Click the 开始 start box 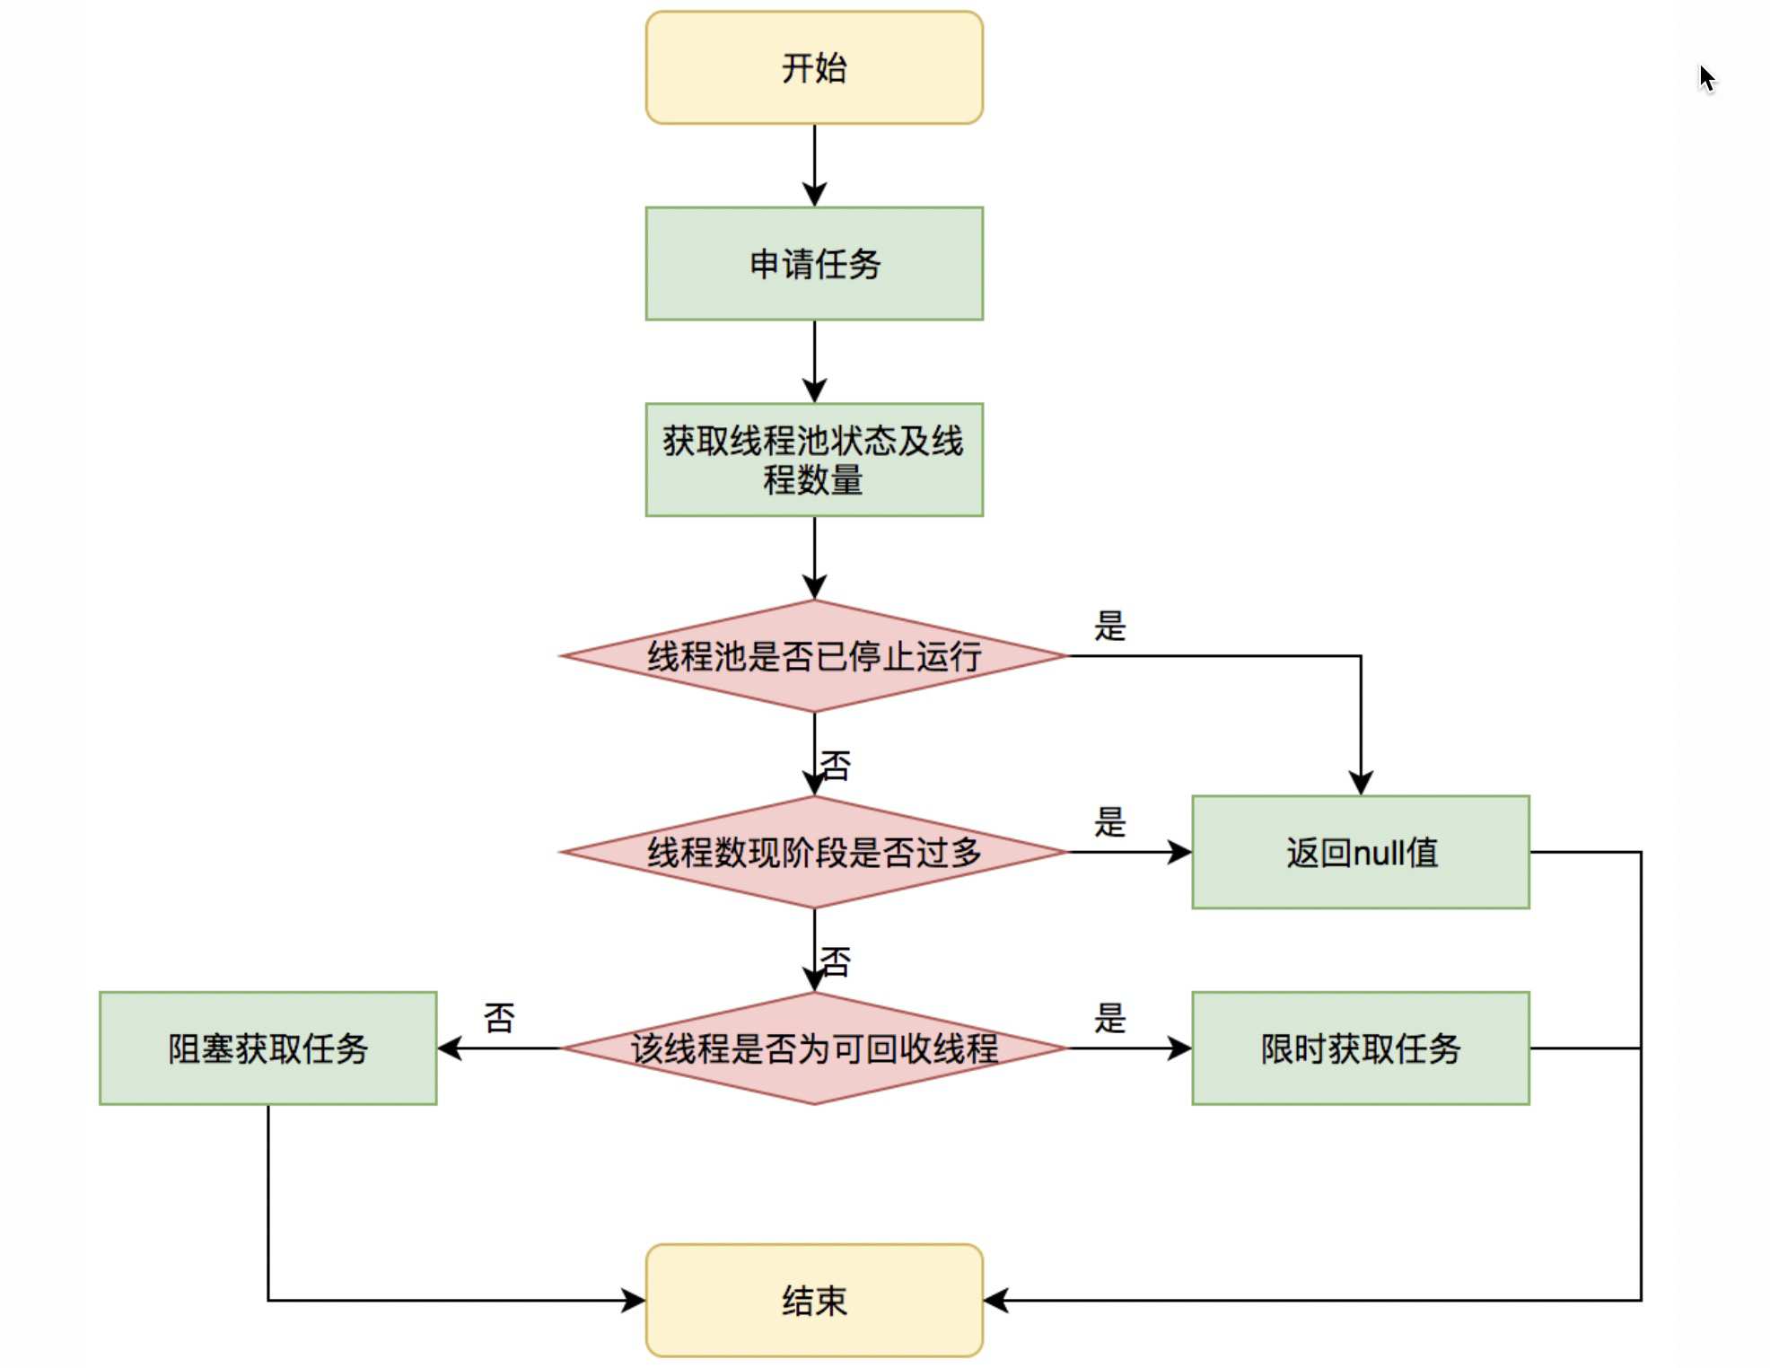tap(813, 67)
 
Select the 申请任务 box tap(813, 263)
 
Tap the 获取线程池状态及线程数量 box tap(813, 460)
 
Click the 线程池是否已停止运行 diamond tap(813, 656)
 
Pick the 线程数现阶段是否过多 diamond tap(813, 852)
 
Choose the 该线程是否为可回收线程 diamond tap(813, 1048)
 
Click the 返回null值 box tap(1360, 852)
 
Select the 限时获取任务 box tap(1360, 1048)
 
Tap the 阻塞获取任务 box tap(267, 1048)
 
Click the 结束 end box tap(813, 1300)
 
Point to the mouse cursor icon tap(1706, 78)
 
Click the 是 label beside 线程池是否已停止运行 tap(1109, 626)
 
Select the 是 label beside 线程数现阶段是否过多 tap(1109, 821)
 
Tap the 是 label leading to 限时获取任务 tap(1109, 1018)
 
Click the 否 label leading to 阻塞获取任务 tap(499, 1018)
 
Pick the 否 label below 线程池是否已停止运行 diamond tap(836, 766)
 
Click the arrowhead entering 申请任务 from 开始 tap(814, 195)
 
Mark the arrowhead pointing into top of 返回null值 tap(1361, 783)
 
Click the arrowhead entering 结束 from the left tap(634, 1300)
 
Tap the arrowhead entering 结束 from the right tap(995, 1300)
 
